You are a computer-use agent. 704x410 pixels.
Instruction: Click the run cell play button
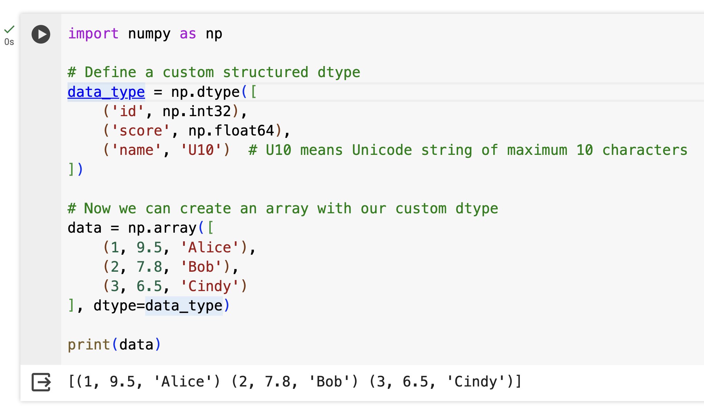pos(41,34)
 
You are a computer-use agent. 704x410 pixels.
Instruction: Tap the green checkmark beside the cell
pos(9,29)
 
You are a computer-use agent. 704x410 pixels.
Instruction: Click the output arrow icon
pos(41,382)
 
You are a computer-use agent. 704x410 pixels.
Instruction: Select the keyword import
pos(93,34)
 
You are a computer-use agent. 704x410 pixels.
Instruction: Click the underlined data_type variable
pos(106,92)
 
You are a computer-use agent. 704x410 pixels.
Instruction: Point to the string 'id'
pos(128,111)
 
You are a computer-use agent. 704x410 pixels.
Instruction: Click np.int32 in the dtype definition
pos(197,111)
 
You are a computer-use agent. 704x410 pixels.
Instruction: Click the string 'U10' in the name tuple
pos(201,150)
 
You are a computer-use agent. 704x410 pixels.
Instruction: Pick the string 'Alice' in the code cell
pos(210,248)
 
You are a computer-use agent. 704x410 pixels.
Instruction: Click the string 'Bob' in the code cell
pos(201,267)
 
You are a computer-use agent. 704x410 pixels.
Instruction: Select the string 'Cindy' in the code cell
pos(210,286)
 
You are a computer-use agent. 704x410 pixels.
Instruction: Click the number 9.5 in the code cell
pos(149,248)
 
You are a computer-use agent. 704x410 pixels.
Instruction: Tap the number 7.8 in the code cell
pos(149,267)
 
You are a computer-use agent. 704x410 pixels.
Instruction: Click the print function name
pos(89,345)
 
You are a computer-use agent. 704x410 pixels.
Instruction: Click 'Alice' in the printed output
pos(183,382)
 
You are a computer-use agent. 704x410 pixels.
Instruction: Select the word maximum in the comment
pos(537,150)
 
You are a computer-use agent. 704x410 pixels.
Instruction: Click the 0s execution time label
pos(9,42)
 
